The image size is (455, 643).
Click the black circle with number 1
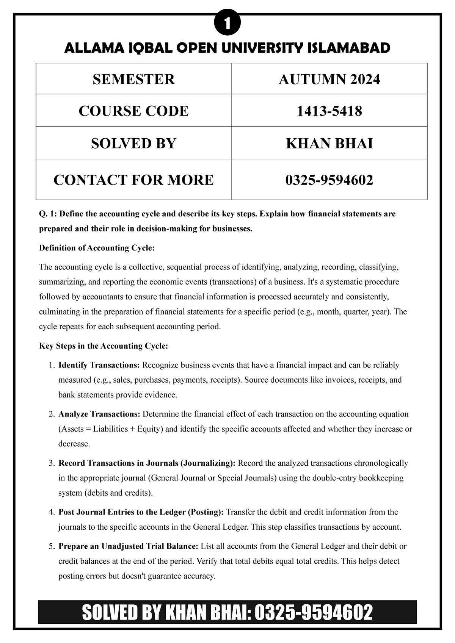click(227, 25)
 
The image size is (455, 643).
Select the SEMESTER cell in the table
click(133, 79)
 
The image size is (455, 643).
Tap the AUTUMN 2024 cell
click(329, 79)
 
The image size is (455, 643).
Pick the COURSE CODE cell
click(133, 111)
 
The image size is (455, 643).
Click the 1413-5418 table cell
click(329, 111)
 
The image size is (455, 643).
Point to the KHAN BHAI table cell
click(329, 143)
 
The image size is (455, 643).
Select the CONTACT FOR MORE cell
click(133, 180)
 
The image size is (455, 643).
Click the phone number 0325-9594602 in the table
click(329, 180)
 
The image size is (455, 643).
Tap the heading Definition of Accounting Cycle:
click(97, 248)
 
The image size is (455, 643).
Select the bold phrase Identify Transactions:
click(99, 365)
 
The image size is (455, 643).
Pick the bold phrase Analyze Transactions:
click(99, 414)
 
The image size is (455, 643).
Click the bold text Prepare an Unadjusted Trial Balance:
click(128, 546)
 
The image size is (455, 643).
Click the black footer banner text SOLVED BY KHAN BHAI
click(163, 612)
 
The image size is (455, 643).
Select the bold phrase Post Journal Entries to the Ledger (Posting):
click(141, 512)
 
